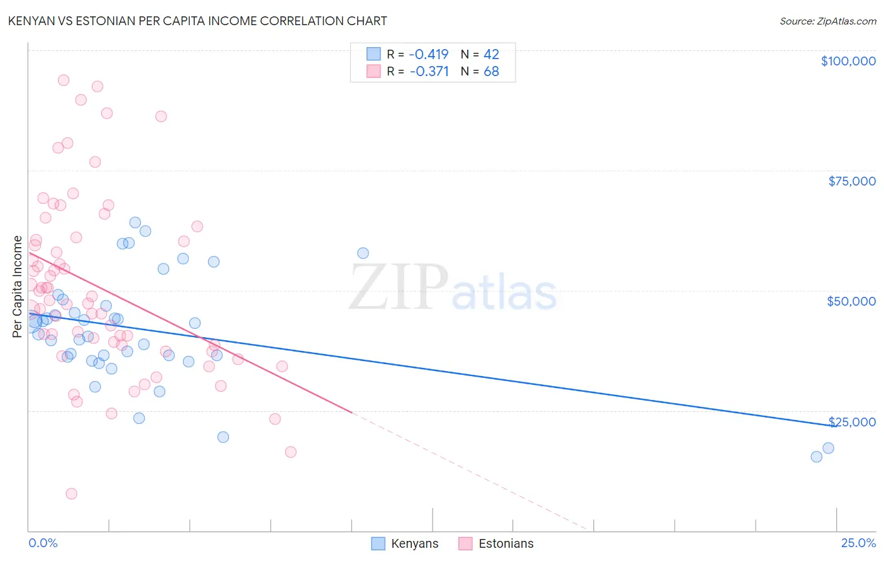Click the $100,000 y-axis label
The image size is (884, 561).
(848, 61)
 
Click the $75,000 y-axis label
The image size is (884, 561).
(852, 181)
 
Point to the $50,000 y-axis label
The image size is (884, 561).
(851, 301)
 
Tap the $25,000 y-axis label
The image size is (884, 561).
(852, 422)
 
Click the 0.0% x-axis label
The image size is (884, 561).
(43, 543)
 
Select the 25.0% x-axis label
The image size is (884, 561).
(858, 543)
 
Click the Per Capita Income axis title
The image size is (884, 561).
(18, 286)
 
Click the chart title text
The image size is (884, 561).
(197, 21)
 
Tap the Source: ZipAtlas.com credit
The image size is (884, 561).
(827, 21)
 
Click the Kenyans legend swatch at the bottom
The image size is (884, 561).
(378, 543)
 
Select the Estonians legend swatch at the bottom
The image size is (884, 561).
(465, 543)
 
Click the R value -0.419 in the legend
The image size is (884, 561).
(429, 54)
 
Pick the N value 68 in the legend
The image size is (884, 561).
(491, 71)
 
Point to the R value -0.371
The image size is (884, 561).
(429, 71)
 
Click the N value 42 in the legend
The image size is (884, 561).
(491, 54)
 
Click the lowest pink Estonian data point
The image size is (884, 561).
(71, 494)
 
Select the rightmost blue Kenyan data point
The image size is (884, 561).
(828, 448)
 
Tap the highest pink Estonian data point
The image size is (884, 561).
(64, 80)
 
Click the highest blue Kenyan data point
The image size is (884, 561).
(135, 222)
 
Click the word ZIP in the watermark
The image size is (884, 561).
(398, 287)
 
